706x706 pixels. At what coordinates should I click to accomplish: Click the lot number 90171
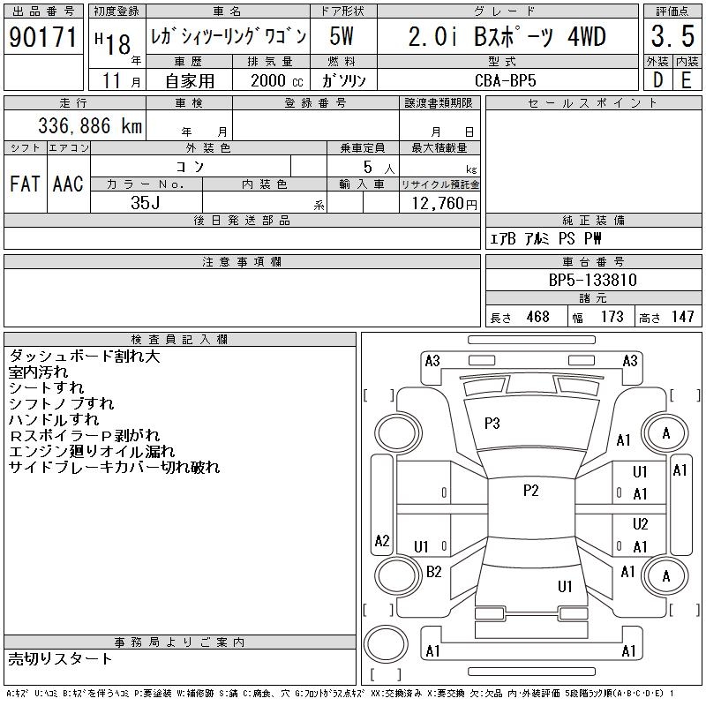coord(43,37)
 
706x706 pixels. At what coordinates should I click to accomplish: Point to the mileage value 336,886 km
coord(89,125)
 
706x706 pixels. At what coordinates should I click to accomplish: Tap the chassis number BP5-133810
coord(593,280)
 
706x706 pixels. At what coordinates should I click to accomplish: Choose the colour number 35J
coord(146,202)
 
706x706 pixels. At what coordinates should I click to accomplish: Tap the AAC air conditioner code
coord(68,184)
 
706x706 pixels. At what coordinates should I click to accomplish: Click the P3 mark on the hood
coord(492,424)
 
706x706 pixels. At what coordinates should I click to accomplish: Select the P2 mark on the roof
coord(530,491)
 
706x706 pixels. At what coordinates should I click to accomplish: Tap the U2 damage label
coord(640,524)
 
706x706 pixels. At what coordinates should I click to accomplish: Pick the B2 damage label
coord(433,572)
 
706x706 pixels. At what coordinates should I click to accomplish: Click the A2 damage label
coord(382,540)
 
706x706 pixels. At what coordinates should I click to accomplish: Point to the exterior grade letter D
coord(657,79)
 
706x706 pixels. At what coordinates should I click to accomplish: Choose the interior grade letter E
coord(686,79)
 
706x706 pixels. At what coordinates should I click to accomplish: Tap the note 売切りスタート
coord(61,658)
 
